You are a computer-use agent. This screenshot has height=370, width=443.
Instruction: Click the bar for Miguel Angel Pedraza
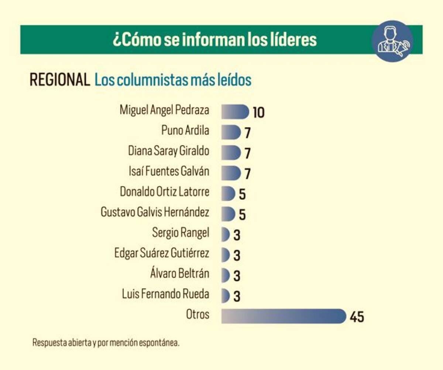pyautogui.click(x=235, y=111)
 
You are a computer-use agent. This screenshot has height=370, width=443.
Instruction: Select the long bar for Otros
pyautogui.click(x=283, y=316)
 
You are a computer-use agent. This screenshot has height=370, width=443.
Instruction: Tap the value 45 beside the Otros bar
pyautogui.click(x=357, y=317)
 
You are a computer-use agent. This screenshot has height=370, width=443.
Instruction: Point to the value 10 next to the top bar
pyautogui.click(x=258, y=112)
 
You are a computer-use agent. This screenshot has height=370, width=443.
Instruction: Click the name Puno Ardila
pyautogui.click(x=185, y=130)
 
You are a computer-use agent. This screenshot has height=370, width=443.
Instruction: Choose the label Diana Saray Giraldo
pyautogui.click(x=168, y=151)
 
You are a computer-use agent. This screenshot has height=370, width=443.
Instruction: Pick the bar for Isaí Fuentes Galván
pyautogui.click(x=231, y=173)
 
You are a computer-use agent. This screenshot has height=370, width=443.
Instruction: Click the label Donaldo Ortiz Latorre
pyautogui.click(x=164, y=192)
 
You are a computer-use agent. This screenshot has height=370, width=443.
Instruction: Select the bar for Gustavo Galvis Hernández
pyautogui.click(x=228, y=214)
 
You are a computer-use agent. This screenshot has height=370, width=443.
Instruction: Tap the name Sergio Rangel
pyautogui.click(x=181, y=232)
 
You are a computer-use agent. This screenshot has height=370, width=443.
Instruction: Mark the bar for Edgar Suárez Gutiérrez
pyautogui.click(x=226, y=254)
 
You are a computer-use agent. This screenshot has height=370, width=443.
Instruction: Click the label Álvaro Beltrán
pyautogui.click(x=179, y=274)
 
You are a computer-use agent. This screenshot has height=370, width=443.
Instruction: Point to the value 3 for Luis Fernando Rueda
pyautogui.click(x=237, y=296)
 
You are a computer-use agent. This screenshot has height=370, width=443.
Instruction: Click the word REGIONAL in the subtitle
pyautogui.click(x=60, y=80)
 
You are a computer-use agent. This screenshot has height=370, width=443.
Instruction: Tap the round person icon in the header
pyautogui.click(x=392, y=41)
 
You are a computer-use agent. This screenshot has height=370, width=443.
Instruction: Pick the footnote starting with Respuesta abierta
pyautogui.click(x=106, y=342)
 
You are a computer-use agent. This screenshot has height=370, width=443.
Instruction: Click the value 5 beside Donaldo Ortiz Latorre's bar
pyautogui.click(x=242, y=194)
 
